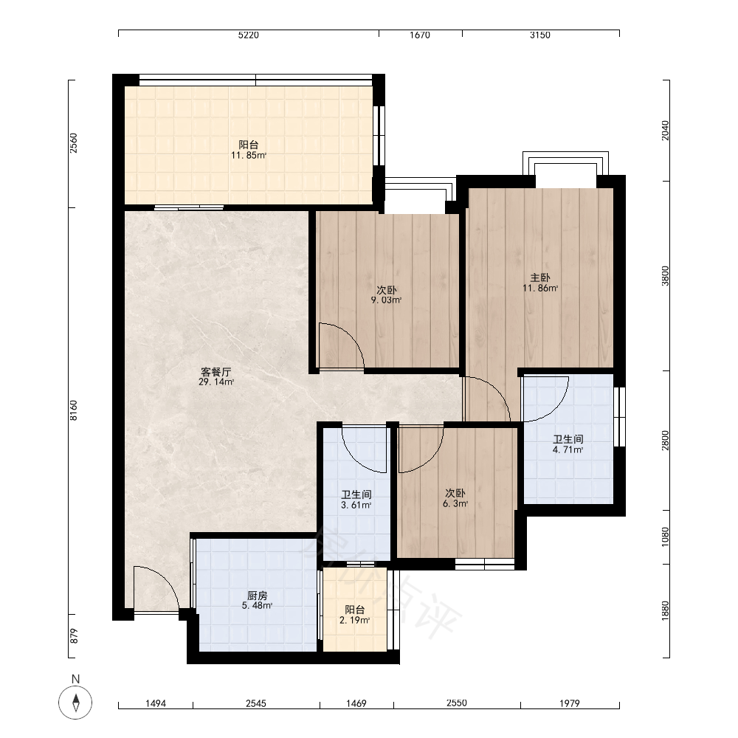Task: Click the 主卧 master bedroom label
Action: (x=540, y=277)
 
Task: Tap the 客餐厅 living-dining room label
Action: (x=216, y=372)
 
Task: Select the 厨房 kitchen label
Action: (x=257, y=596)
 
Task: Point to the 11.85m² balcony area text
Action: (x=249, y=155)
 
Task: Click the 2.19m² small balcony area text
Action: (x=354, y=621)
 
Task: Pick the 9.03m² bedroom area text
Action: (x=386, y=300)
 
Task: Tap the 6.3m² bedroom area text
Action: (x=455, y=503)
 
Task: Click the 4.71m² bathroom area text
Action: (x=568, y=449)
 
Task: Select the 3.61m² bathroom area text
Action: (x=356, y=505)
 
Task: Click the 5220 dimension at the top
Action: (x=249, y=35)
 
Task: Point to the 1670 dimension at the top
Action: (x=420, y=35)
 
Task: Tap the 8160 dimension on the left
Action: (x=73, y=410)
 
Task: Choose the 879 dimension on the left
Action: (x=73, y=636)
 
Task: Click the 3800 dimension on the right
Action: (x=665, y=276)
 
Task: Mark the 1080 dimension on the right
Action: (x=665, y=537)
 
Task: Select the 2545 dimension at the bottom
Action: (x=256, y=703)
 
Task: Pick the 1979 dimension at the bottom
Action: (x=570, y=703)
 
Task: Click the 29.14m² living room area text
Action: (x=216, y=382)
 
